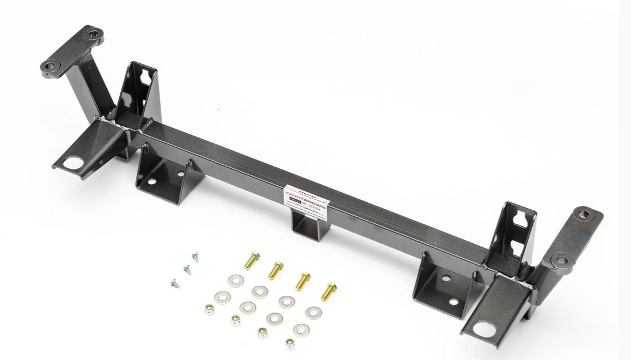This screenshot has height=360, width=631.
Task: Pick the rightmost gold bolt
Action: tap(329, 290)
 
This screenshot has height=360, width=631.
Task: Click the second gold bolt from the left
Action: tap(276, 269)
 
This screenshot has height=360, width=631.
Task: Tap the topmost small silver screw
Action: tap(195, 257)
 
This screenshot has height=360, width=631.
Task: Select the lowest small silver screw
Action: tap(175, 283)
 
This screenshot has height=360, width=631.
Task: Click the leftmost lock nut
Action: tap(209, 310)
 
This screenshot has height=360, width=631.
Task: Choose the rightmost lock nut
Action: tap(290, 344)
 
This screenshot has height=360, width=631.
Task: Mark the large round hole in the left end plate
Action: tap(72, 163)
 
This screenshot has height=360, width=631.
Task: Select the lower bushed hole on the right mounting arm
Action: tap(561, 259)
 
